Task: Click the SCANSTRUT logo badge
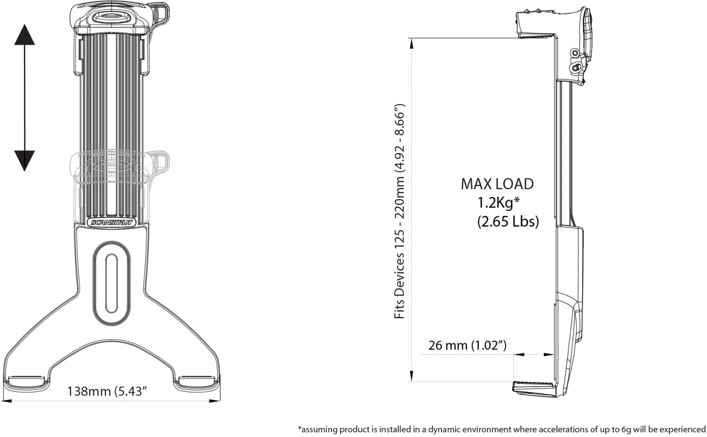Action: [112, 223]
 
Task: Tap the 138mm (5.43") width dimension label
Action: [108, 391]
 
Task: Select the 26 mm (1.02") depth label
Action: [467, 345]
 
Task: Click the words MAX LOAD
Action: [497, 184]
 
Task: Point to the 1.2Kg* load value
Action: [498, 203]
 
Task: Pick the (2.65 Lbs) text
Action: [508, 222]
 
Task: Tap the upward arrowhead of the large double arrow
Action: [25, 34]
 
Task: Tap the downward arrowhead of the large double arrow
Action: [25, 161]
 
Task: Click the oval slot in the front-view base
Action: [111, 284]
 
